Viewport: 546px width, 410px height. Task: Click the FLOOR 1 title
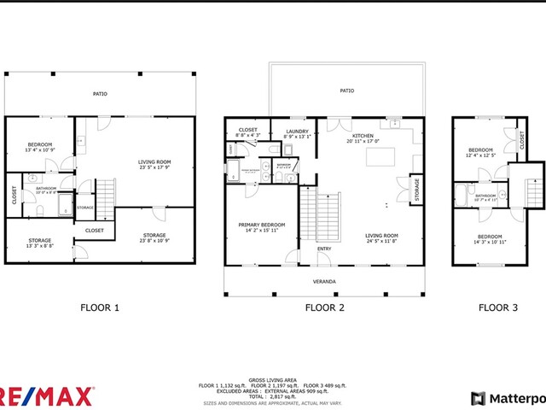click(x=100, y=307)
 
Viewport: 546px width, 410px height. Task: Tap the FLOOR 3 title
click(x=497, y=307)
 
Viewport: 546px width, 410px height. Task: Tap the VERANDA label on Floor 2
click(x=323, y=281)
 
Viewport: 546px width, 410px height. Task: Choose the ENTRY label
click(x=324, y=249)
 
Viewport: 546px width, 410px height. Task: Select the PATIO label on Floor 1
click(x=100, y=94)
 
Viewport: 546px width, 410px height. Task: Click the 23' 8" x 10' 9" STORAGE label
click(x=154, y=236)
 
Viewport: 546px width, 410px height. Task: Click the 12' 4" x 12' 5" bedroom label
click(x=480, y=151)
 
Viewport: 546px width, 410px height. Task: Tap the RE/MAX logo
click(x=47, y=396)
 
